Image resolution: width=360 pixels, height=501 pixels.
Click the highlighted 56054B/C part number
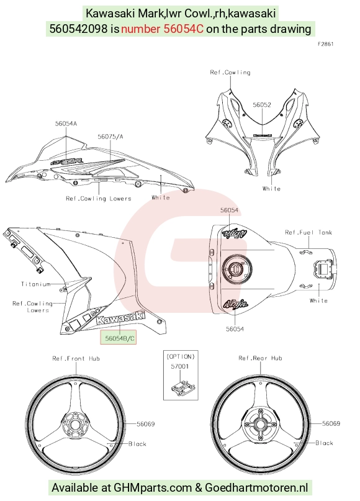coord(118,337)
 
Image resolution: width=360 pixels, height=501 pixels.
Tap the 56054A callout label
coord(66,124)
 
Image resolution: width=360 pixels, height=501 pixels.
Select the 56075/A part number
coord(110,137)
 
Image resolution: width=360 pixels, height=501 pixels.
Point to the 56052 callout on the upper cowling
coord(261,105)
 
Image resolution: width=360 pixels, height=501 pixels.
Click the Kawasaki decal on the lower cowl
coord(120,318)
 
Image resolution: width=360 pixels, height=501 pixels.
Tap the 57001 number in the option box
coord(179,366)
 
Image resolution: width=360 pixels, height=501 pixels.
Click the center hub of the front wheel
coord(74,425)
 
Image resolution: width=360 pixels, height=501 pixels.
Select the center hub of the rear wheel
coord(260,425)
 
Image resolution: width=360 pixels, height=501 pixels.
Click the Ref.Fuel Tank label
coord(308,232)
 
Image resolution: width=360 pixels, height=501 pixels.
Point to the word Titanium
coord(36,284)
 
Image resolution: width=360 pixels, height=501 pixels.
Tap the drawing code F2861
coord(325,44)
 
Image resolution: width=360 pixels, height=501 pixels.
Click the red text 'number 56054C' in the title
coord(162,29)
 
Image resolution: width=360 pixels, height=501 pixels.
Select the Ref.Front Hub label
coord(76,358)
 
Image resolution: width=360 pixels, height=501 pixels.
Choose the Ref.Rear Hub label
coord(260,358)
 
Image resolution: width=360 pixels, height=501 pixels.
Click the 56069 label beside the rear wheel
coord(331,423)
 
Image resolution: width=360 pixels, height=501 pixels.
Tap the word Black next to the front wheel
coord(137,444)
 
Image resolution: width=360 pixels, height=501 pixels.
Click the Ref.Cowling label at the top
coord(230,73)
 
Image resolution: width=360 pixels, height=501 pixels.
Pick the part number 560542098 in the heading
coord(79,29)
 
